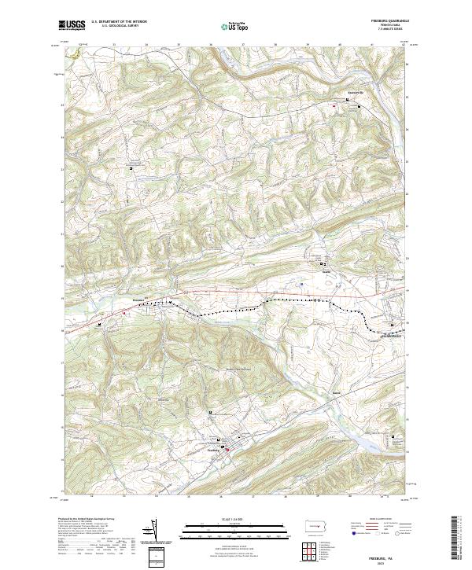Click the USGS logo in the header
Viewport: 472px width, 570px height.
[x=72, y=25]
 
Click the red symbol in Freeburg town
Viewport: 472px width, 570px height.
[x=228, y=448]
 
